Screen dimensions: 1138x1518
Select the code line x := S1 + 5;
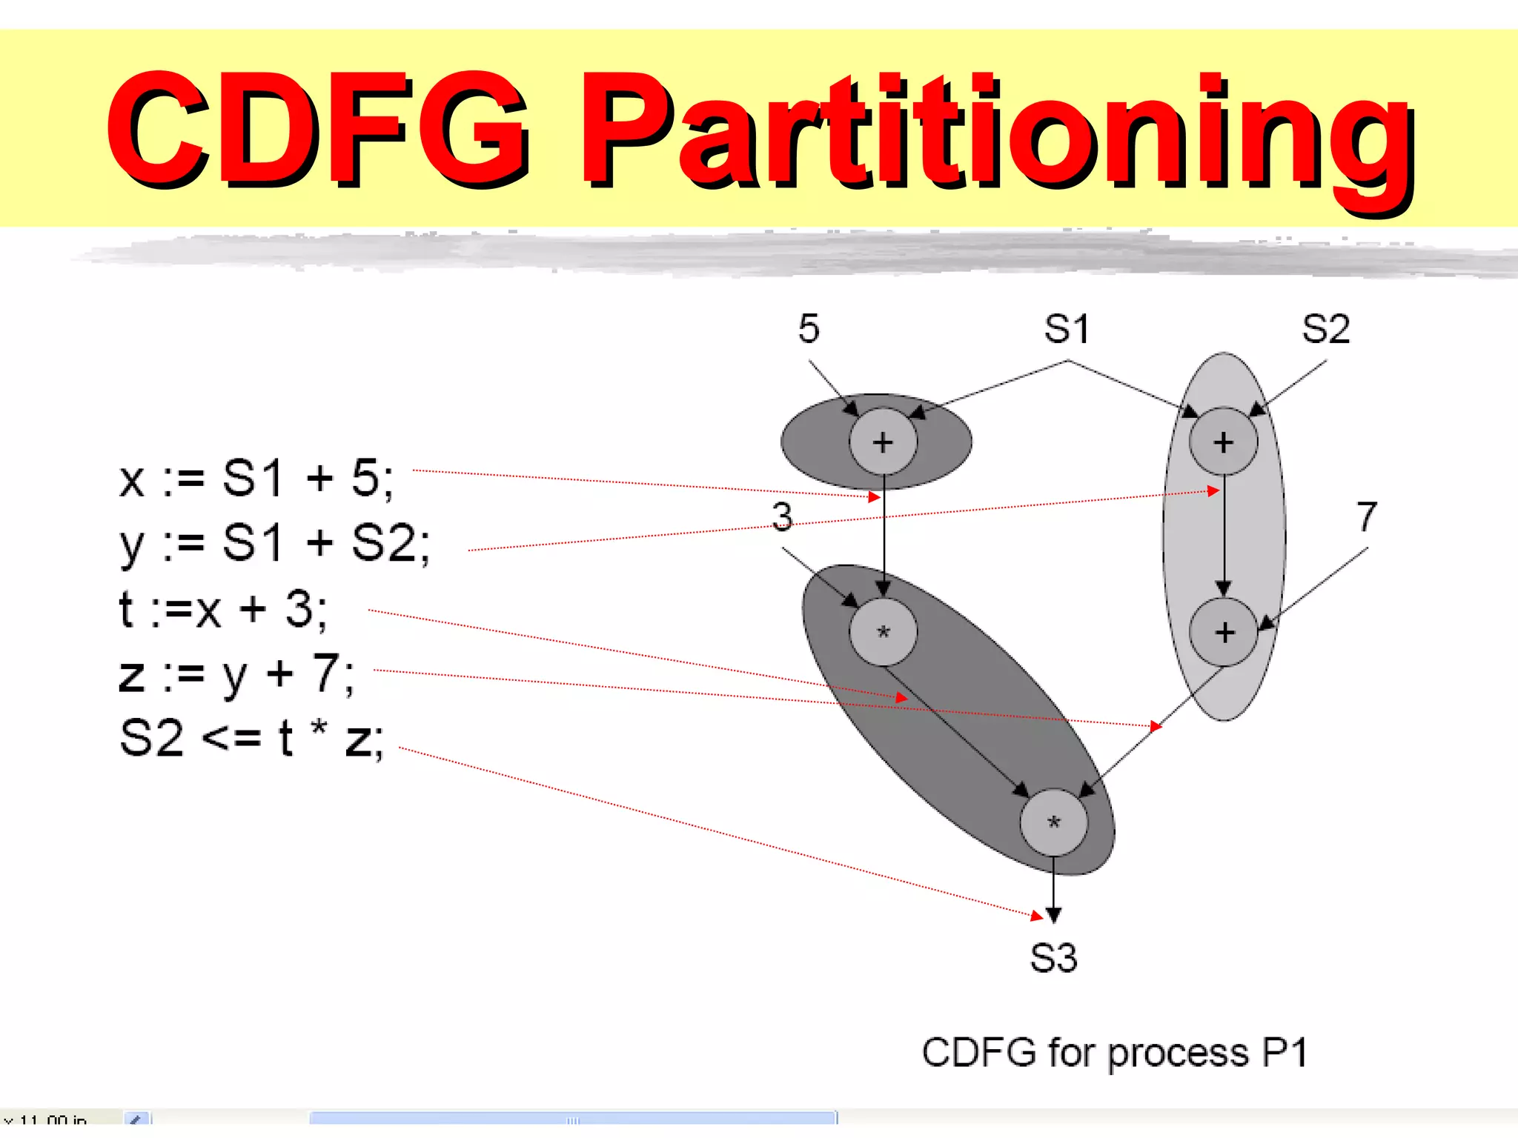256,478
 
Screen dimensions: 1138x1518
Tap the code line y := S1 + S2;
274,543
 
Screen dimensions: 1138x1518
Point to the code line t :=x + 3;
222,609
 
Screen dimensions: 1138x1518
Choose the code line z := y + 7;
237,674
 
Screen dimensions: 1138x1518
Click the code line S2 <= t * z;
252,739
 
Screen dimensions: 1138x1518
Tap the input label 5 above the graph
809,328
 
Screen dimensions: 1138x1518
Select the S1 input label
1067,328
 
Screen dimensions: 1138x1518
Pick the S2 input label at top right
1326,328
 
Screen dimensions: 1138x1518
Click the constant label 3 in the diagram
782,516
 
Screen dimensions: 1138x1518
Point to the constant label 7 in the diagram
1367,516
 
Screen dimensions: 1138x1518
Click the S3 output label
1053,957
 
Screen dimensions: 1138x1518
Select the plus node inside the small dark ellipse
883,442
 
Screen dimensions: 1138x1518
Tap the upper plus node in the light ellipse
1223,442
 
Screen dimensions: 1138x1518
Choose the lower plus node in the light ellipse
1224,632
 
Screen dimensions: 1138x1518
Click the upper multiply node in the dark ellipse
883,632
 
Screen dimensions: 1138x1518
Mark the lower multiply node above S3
1053,822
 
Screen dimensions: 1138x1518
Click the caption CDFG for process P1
1114,1052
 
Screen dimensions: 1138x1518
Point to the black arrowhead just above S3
1053,916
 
